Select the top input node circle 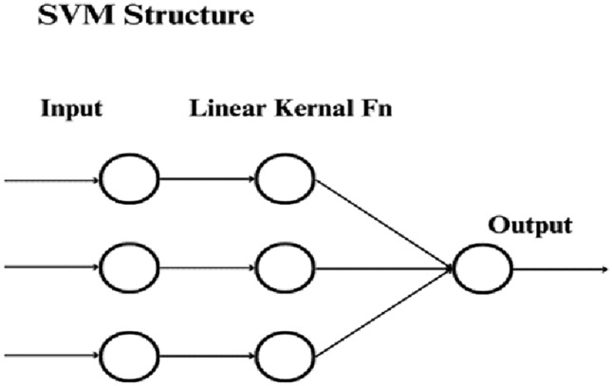coord(130,180)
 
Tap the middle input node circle coord(130,267)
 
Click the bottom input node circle coord(130,358)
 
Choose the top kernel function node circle coord(285,180)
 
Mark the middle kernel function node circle coord(285,267)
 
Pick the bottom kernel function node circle coord(285,358)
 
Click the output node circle coord(482,267)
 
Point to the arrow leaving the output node coord(560,267)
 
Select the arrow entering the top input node coord(52,180)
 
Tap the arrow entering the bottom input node coord(52,358)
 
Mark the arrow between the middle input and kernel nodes coord(207,267)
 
